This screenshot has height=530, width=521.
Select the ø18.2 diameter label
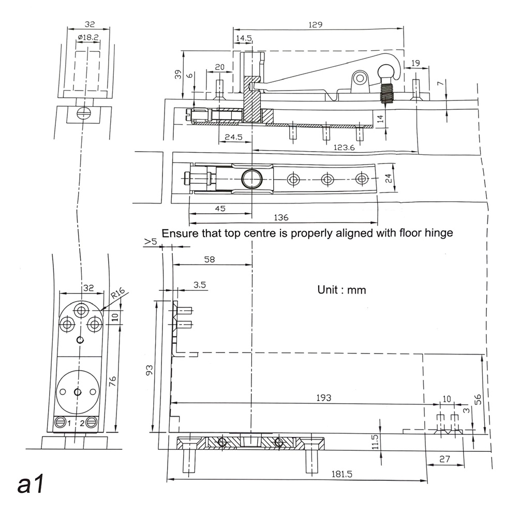tap(86, 38)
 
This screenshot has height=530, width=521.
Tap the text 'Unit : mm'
tap(341, 290)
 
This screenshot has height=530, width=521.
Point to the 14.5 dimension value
tap(244, 39)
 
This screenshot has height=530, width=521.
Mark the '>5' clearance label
tap(151, 242)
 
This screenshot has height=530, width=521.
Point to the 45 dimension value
tap(220, 209)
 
